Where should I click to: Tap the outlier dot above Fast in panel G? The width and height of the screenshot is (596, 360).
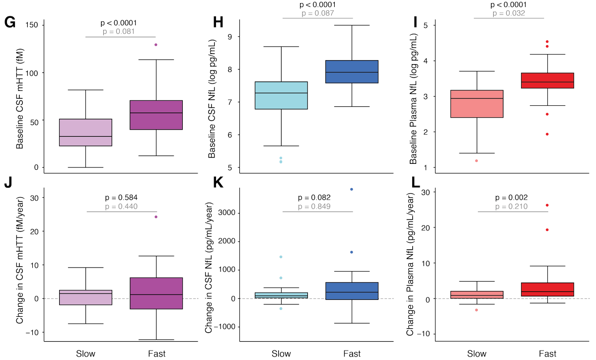coord(156,45)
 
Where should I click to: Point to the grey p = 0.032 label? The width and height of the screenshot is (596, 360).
coord(509,13)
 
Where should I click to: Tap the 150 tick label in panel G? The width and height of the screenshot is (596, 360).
coord(38,25)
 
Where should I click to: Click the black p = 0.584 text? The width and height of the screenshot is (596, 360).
coord(121,197)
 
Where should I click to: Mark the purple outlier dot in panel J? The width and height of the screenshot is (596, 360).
coord(156,216)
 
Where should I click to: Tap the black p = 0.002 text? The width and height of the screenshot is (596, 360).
coord(509,197)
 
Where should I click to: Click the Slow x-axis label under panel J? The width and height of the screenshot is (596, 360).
coord(86,354)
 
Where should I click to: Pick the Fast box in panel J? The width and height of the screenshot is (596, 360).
coord(156,293)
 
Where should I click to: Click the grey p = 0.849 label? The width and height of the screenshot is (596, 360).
coord(318,207)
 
